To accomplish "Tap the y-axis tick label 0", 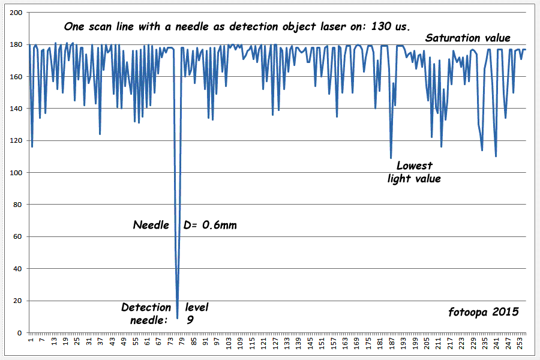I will [19, 332].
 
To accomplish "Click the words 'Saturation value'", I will [468, 38].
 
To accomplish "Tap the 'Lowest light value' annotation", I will [414, 172].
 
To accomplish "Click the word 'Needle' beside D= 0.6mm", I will [151, 226].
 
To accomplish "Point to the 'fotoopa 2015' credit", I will [483, 312].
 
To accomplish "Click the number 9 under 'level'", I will [190, 320].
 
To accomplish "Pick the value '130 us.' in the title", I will [391, 27].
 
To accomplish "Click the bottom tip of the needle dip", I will [177, 317].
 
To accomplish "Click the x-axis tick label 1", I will [31, 341].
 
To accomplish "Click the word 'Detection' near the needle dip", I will [146, 308].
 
